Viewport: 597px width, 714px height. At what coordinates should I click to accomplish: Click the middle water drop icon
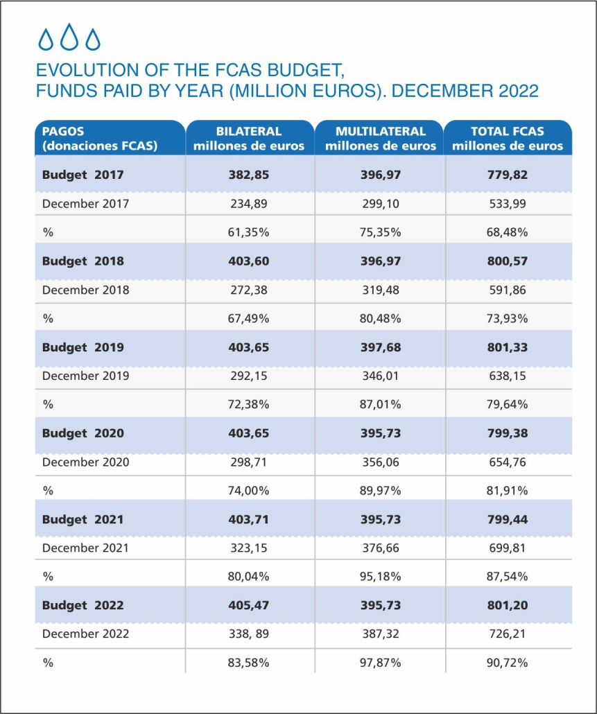[x=69, y=37]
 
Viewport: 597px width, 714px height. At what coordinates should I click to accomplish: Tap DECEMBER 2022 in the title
[x=465, y=91]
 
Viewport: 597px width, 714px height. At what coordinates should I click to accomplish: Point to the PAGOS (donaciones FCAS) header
[x=100, y=139]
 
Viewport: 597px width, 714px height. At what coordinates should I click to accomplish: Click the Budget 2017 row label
[x=83, y=175]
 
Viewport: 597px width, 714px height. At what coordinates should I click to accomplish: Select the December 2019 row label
[x=85, y=376]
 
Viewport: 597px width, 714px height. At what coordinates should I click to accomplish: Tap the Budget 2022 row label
[x=83, y=605]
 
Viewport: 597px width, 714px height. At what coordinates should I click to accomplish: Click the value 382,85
[x=249, y=175]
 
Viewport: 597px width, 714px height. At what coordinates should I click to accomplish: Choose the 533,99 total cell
[x=508, y=204]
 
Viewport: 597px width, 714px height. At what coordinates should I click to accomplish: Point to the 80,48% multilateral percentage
[x=380, y=318]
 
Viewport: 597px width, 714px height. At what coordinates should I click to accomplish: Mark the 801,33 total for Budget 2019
[x=508, y=347]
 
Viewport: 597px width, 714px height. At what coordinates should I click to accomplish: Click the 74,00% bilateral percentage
[x=249, y=490]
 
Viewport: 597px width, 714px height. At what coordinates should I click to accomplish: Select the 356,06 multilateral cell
[x=380, y=462]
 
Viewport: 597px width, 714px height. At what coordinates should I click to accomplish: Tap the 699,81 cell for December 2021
[x=508, y=548]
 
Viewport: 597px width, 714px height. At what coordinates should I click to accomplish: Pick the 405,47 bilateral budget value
[x=249, y=605]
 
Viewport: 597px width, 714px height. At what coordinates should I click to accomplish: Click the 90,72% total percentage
[x=508, y=663]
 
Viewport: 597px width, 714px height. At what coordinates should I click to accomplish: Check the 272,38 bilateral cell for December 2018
[x=249, y=290]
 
